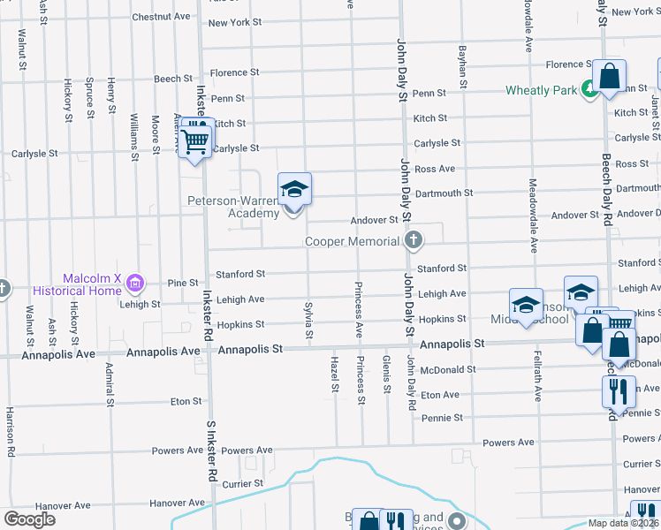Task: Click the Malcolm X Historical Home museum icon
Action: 134,283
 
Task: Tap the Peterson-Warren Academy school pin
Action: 295,190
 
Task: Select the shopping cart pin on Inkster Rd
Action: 196,140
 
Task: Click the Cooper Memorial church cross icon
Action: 413,240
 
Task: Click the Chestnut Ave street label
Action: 161,17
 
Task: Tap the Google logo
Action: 29,519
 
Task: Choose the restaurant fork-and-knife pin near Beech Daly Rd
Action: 619,390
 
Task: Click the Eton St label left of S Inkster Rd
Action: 186,401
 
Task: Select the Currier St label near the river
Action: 243,484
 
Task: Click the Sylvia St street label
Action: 308,320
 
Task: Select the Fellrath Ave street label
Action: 536,375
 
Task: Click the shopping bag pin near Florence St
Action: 610,77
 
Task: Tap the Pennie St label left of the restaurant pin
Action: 442,417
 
